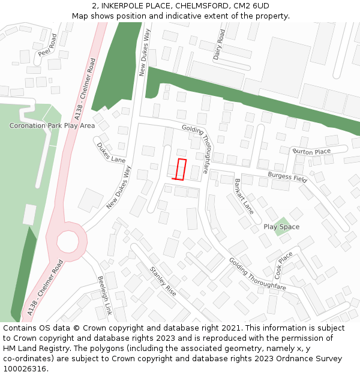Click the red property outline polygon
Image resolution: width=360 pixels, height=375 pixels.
[x=180, y=169]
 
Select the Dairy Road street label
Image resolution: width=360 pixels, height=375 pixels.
[x=218, y=44]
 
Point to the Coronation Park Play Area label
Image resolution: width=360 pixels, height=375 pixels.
[x=52, y=126]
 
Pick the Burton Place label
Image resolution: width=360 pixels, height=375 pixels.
[x=312, y=152]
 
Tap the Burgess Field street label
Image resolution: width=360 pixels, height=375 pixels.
[x=287, y=177]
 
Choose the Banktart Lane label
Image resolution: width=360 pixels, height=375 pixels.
[x=244, y=196]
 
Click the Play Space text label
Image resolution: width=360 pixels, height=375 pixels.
[x=281, y=227]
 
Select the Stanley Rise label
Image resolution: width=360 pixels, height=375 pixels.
[x=163, y=281]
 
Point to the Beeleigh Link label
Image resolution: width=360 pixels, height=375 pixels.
[x=105, y=296]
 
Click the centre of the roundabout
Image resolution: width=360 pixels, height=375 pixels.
[x=67, y=242]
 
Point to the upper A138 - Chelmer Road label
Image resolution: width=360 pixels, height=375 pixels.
[x=83, y=88]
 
